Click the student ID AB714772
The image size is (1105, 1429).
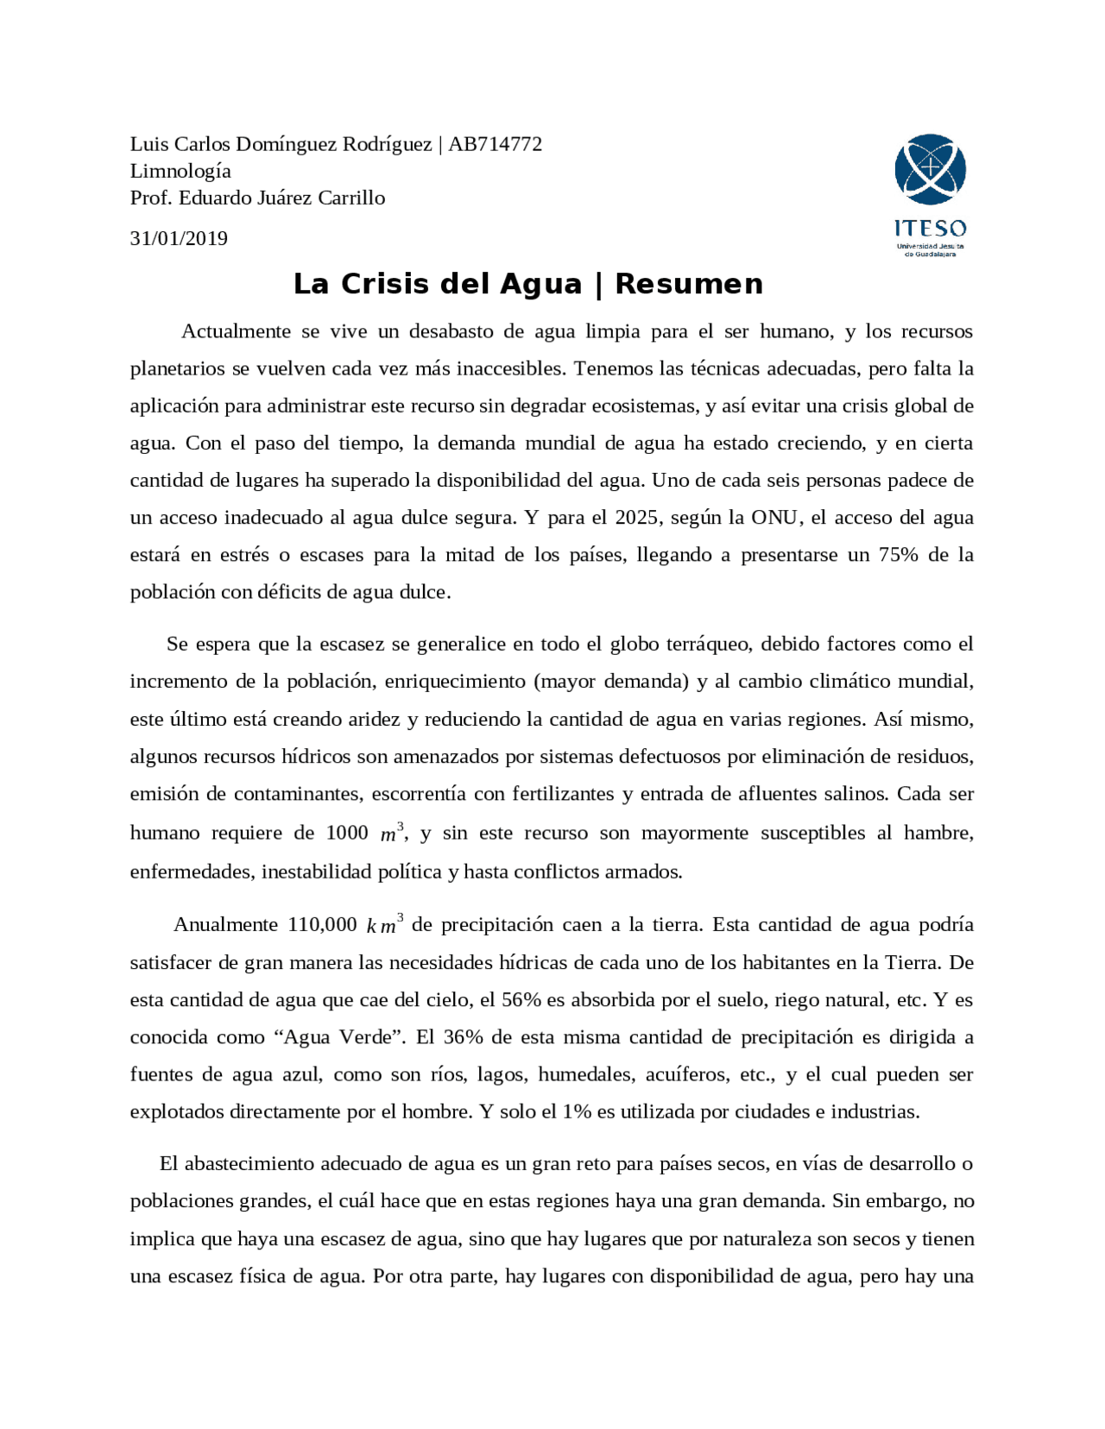point(495,144)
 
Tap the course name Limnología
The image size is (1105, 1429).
point(180,171)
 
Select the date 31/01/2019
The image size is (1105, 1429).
point(179,239)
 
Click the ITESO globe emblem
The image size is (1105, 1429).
point(930,169)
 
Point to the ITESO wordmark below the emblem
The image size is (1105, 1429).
point(930,229)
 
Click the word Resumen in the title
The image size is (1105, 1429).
point(689,284)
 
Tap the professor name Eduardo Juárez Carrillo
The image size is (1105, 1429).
point(281,198)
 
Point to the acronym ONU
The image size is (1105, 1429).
point(776,518)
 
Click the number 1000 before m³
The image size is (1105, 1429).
point(347,833)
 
